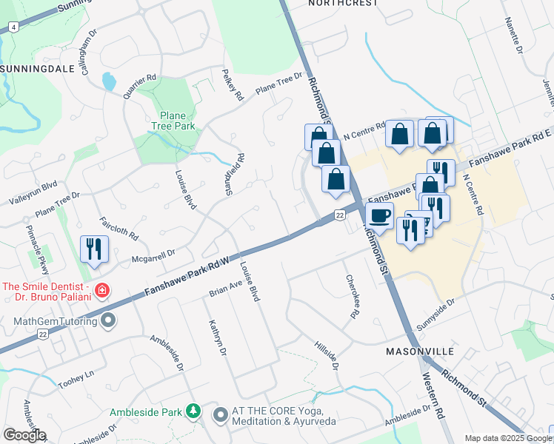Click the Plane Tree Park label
(178, 120)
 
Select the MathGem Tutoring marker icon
(109, 321)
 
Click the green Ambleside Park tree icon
(193, 411)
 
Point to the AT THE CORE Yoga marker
(220, 415)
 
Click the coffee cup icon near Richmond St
(380, 216)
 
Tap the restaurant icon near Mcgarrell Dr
(94, 249)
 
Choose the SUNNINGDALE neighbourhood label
(36, 68)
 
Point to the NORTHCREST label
(341, 3)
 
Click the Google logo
(24, 435)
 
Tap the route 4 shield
(13, 27)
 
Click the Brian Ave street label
(226, 289)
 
